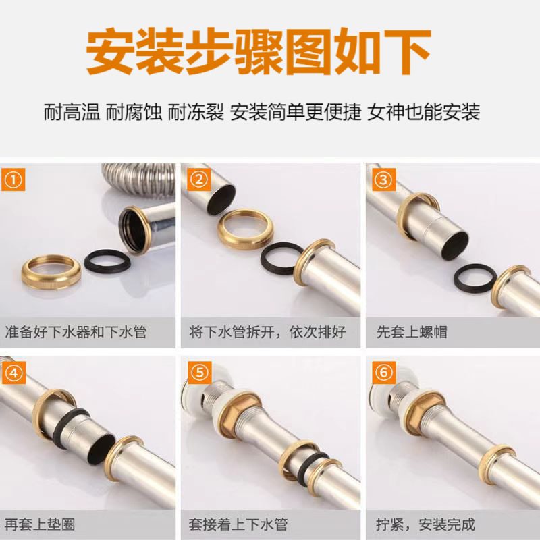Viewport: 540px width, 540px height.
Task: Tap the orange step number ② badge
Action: (198, 180)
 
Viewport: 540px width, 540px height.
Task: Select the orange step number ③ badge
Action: (383, 180)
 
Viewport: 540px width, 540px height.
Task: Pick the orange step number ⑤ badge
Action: (198, 373)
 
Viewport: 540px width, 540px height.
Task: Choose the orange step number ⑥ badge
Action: (383, 373)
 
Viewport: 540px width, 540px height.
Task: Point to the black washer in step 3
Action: (475, 277)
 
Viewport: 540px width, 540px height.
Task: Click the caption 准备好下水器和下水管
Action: (76, 332)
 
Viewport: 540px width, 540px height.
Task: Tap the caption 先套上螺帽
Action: (412, 332)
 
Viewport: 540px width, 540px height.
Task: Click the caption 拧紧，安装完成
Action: (426, 524)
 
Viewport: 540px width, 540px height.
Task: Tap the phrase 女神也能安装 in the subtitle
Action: (423, 111)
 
